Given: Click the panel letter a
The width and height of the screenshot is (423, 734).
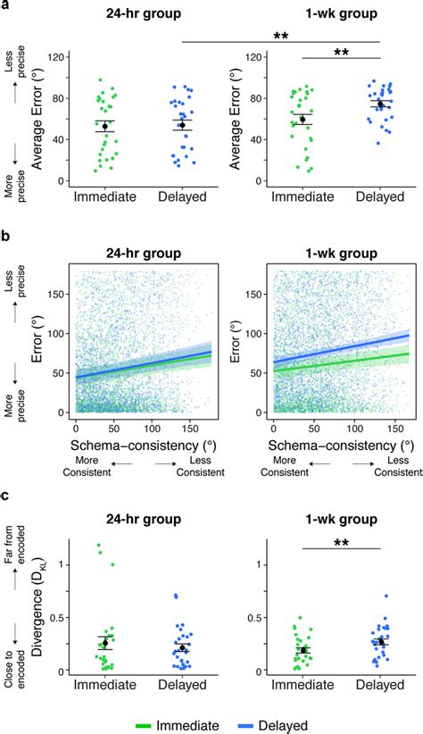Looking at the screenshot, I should [x=6, y=7].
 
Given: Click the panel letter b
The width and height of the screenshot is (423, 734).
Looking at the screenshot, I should [x=6, y=238].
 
